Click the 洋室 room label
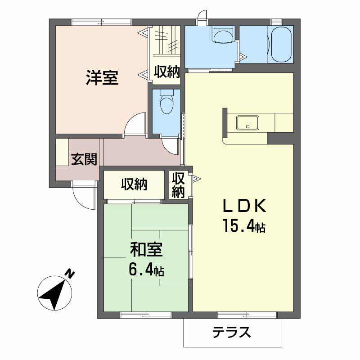coord(102,78)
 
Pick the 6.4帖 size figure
coord(146,270)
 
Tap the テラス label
coord(231,333)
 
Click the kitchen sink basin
coord(247,122)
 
